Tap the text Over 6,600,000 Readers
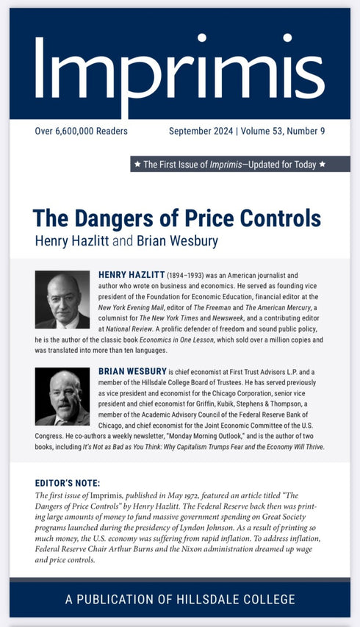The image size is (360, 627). click(x=81, y=132)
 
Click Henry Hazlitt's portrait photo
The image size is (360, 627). click(x=62, y=300)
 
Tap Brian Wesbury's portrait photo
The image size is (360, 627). click(x=62, y=397)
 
